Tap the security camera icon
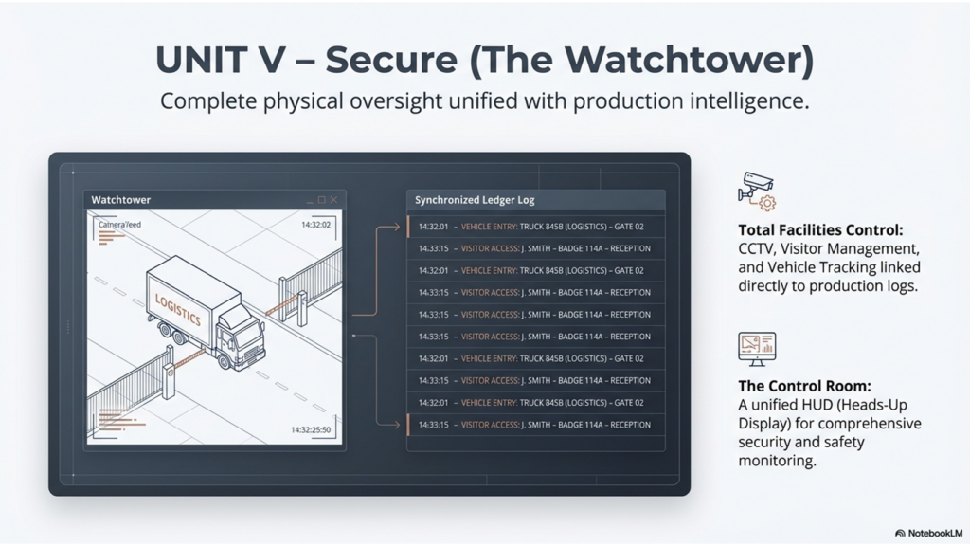point(755,190)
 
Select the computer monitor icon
point(757,348)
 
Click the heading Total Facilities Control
point(820,229)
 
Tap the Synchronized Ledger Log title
point(475,201)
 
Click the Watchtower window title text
point(120,200)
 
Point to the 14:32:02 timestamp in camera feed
point(314,225)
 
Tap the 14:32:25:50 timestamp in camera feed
point(310,430)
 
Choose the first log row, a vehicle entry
point(535,227)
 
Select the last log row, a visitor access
point(535,425)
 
